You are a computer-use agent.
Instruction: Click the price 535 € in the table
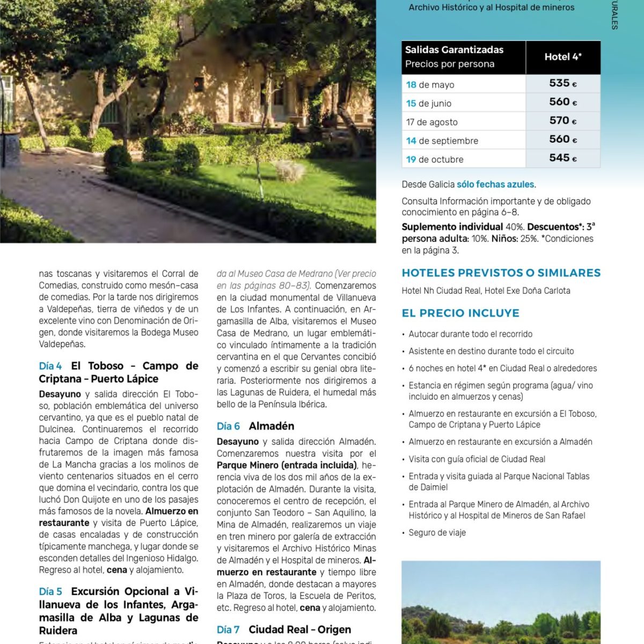pos(562,83)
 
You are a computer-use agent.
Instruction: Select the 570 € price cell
pos(562,121)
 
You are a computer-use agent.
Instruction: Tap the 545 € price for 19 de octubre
pos(562,158)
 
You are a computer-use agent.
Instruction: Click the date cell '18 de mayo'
pos(430,85)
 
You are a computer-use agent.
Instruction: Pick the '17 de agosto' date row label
pos(431,122)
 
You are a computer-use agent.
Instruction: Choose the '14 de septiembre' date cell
pos(442,141)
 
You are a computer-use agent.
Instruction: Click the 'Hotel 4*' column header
pos(562,57)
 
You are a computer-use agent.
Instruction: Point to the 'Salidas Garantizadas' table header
pos(454,50)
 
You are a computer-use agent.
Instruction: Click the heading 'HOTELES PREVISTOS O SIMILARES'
pos(501,273)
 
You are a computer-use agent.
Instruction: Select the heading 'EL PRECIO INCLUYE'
pos(460,313)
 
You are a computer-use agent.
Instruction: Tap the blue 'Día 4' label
pos(50,366)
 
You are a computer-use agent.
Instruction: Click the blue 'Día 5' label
pos(50,591)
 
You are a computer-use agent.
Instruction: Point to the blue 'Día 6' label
pos(228,426)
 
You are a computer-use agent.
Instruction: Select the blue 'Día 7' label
pos(228,630)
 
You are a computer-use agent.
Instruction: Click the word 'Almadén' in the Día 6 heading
pos(272,426)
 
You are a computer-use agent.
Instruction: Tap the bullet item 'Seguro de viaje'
pos(437,532)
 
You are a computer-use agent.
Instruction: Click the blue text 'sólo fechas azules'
pos(495,184)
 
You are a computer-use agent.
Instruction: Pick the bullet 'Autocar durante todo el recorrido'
pos(470,334)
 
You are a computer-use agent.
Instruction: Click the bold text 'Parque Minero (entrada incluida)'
pos(287,465)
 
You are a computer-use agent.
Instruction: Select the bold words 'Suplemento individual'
pos(452,226)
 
